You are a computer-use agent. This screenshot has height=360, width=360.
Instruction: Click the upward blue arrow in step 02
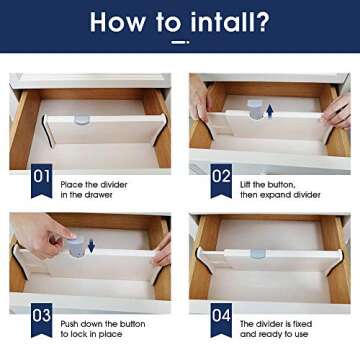pyautogui.click(x=269, y=111)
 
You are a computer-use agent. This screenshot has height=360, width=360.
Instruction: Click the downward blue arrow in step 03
pyautogui.click(x=91, y=245)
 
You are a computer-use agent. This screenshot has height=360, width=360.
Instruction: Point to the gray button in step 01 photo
pyautogui.click(x=81, y=119)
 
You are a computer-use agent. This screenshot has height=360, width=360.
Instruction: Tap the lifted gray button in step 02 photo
pyautogui.click(x=256, y=110)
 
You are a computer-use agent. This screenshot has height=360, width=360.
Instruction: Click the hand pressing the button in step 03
pyautogui.click(x=45, y=235)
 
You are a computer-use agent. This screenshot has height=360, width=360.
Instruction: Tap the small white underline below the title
pyautogui.click(x=179, y=43)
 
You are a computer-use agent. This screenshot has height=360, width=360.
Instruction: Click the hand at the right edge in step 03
pyautogui.click(x=162, y=250)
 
